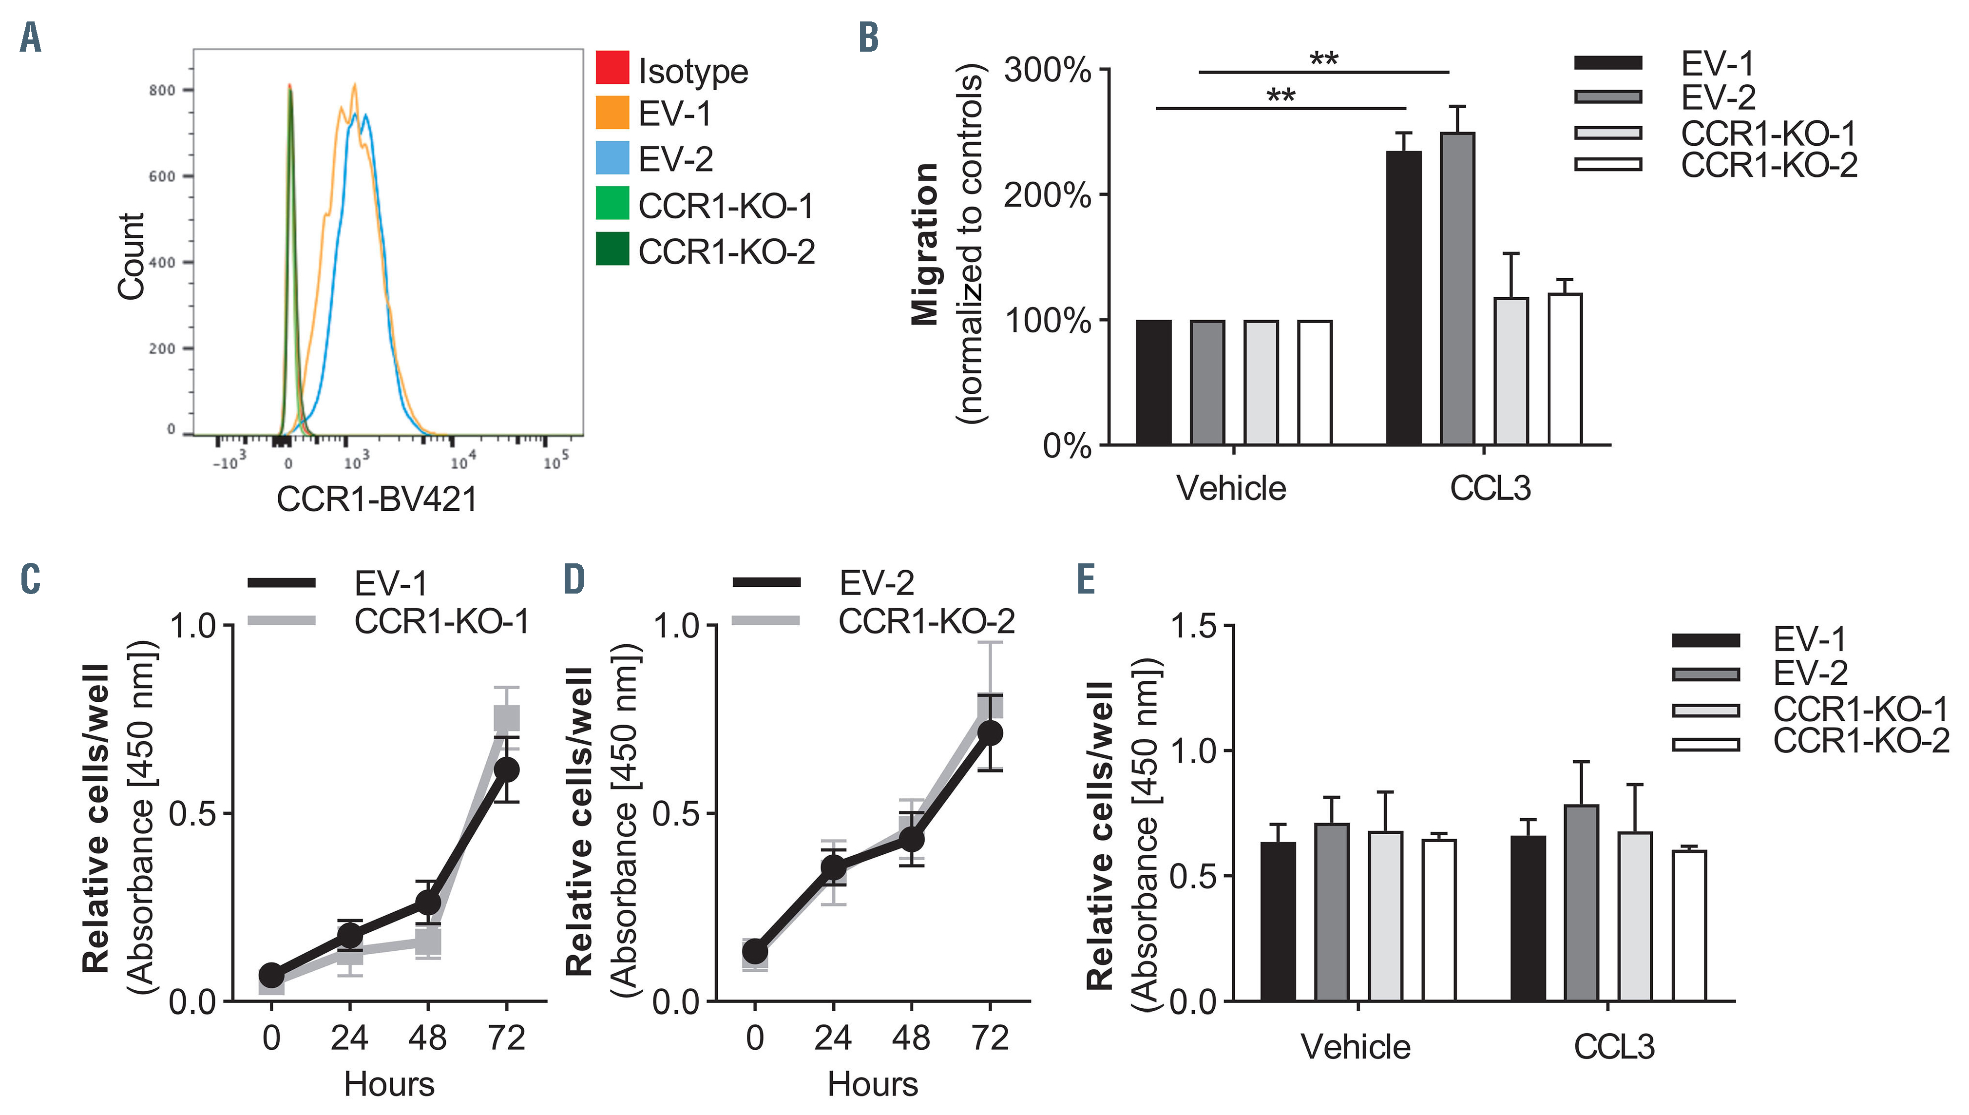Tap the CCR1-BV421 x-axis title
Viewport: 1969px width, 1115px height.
(377, 500)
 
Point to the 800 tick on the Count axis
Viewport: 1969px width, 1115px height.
(162, 90)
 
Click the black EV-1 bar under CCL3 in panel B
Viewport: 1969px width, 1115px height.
(1404, 299)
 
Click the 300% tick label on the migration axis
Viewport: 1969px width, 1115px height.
(1047, 71)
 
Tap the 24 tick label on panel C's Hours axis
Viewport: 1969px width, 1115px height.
(349, 1038)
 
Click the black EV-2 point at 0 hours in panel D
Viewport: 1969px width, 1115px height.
(755, 952)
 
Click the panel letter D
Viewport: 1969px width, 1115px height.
(574, 580)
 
